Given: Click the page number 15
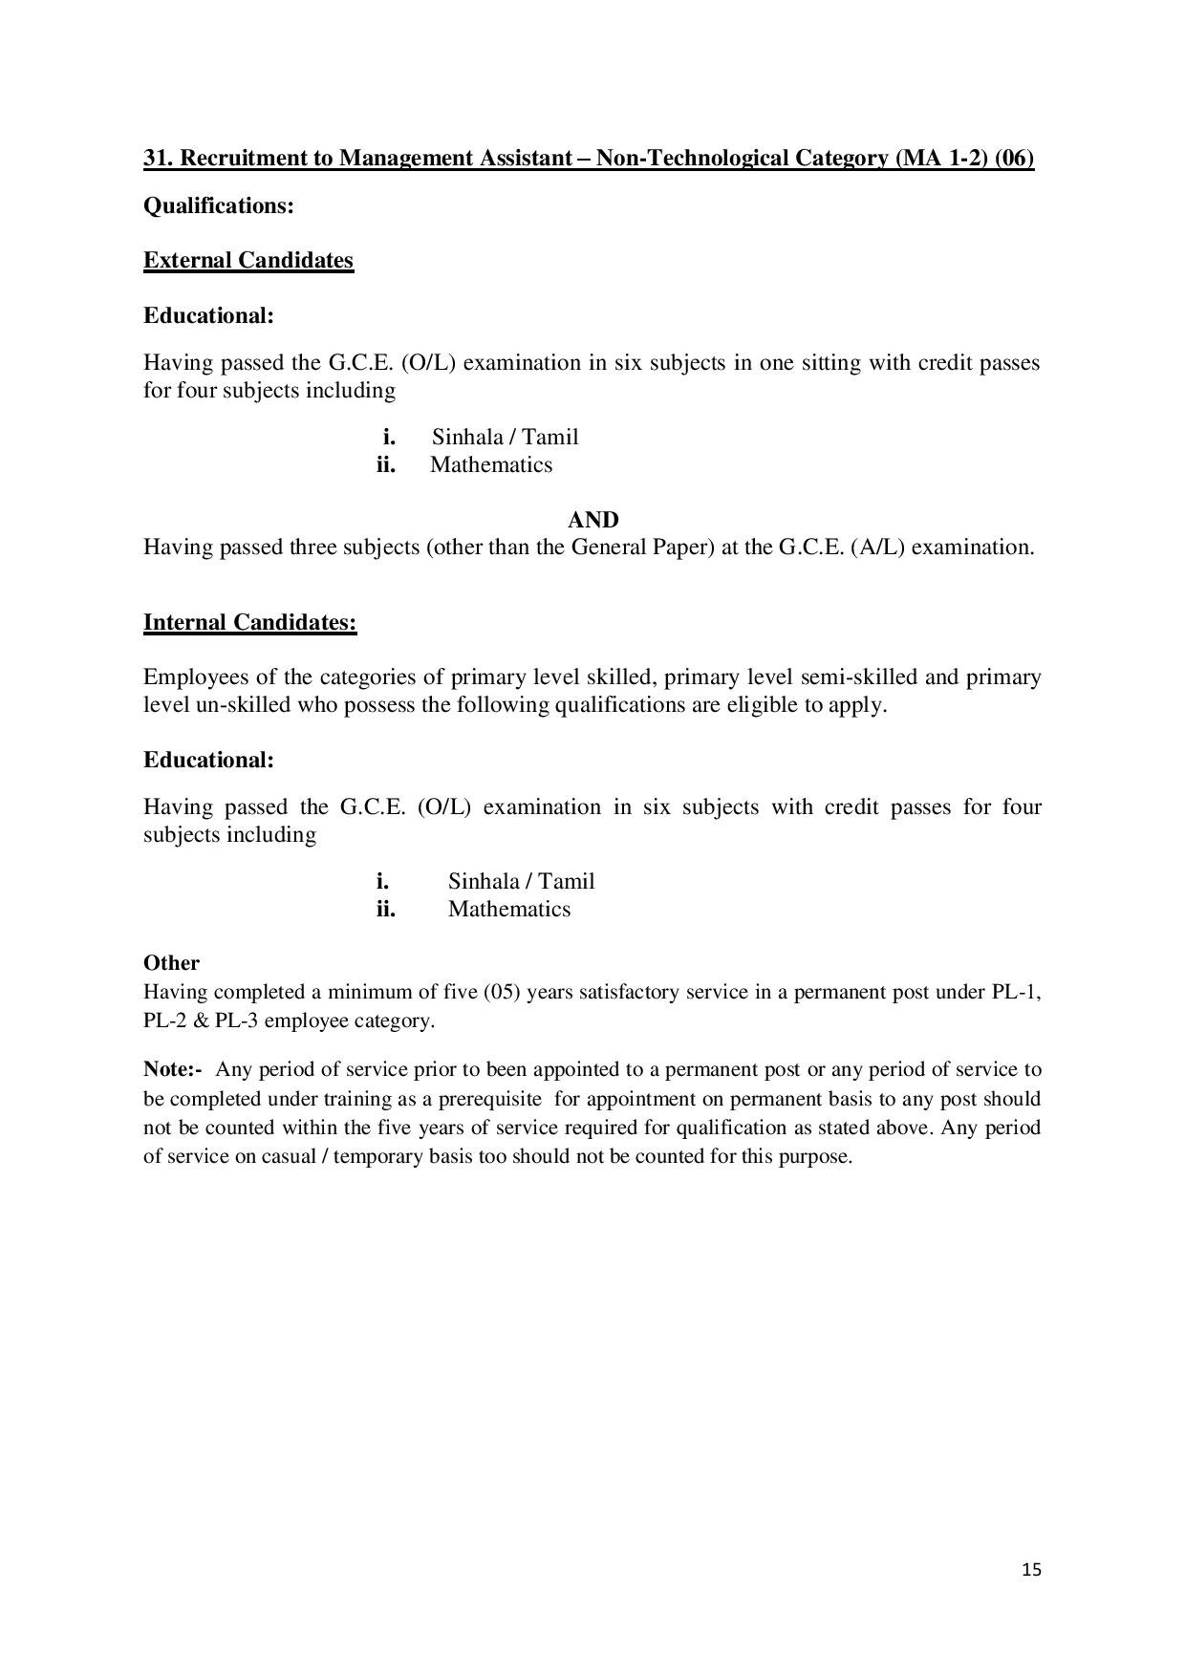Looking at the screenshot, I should [1031, 1569].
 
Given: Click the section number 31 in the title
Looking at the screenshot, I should [158, 158].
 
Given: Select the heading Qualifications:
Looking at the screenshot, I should [219, 205].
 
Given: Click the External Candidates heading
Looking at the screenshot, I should [248, 261].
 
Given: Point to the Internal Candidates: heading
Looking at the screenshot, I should [250, 623].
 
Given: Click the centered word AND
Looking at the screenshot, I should [593, 520].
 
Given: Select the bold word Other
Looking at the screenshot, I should [171, 963].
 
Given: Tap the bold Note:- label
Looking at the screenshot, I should [173, 1069].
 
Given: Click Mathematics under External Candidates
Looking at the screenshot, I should [491, 465].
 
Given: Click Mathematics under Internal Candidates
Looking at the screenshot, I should [509, 909].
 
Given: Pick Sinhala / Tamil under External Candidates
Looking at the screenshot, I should [505, 438].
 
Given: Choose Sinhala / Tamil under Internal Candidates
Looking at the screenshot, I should [521, 881].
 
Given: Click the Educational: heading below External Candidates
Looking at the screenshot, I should [208, 315].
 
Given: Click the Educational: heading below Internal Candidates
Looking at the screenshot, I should [208, 760].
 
